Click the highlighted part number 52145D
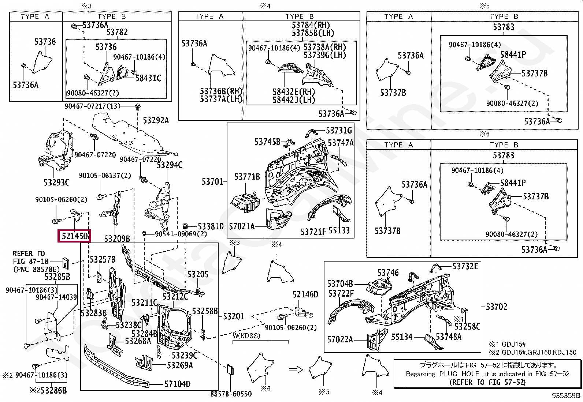coord(74,236)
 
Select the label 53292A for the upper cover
coord(156,120)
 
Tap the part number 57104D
coord(178,384)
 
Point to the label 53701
coord(212,181)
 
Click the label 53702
coord(497,307)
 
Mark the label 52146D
coord(305,294)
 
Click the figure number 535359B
coord(566,395)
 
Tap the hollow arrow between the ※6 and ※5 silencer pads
coord(296,369)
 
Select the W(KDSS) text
coord(246,336)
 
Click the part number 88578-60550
coord(231,394)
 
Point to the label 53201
coord(234,316)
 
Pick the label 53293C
coord(56,183)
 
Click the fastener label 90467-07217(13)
coord(93,106)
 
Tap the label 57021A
coord(242,226)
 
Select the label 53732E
coord(465,266)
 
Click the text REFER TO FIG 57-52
coord(487,382)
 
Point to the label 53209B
coord(117,239)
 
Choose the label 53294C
coord(170,165)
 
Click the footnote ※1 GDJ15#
coord(508,344)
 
